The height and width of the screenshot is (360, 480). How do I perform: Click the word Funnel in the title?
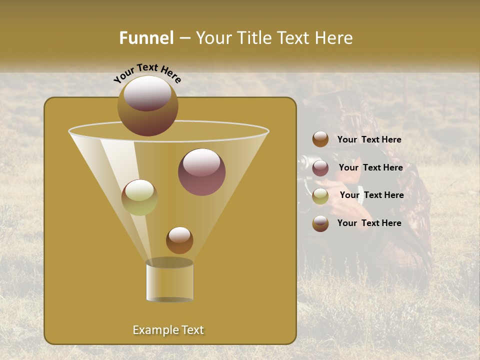tap(146, 38)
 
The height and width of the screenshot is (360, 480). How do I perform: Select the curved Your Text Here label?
tap(147, 73)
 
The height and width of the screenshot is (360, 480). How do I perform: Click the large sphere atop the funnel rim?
tap(147, 106)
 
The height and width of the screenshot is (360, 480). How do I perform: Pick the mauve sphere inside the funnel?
tap(201, 172)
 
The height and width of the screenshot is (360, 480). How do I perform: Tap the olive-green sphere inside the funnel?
tap(139, 197)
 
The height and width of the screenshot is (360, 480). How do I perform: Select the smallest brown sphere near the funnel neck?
tap(179, 240)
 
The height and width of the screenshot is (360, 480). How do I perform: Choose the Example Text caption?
tap(168, 330)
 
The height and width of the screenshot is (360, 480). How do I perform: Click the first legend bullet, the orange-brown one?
tap(320, 139)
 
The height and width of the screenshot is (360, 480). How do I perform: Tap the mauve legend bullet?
tap(320, 168)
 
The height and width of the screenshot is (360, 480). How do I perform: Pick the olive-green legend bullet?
tap(320, 196)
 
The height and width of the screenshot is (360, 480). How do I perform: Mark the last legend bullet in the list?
tap(320, 223)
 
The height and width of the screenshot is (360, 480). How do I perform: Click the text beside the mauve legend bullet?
tap(370, 168)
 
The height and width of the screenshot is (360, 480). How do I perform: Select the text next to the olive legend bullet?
tap(371, 195)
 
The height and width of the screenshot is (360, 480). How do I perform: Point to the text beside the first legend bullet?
tap(369, 140)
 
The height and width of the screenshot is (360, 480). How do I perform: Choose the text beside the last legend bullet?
tap(369, 223)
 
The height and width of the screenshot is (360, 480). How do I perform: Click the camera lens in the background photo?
tap(303, 162)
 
